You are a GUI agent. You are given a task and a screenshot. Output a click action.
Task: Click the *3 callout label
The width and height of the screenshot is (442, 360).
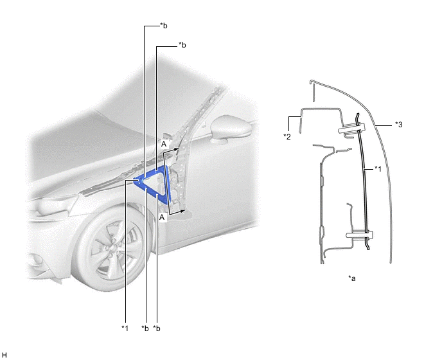click(x=398, y=125)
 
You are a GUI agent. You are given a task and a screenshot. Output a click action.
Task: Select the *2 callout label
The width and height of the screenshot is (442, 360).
click(x=287, y=137)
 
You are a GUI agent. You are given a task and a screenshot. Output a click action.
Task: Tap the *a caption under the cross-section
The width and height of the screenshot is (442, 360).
click(x=352, y=278)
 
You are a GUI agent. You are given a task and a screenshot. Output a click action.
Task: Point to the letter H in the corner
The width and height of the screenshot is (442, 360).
click(x=4, y=355)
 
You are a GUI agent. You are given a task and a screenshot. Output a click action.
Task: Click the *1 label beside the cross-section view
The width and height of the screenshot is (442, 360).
click(x=378, y=168)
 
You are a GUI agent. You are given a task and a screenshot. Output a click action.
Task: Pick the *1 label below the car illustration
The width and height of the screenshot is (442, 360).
click(x=125, y=328)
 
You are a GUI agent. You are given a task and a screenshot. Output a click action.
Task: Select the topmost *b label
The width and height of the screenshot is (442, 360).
click(x=163, y=26)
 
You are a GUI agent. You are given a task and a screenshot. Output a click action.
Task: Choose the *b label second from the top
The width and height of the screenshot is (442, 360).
click(x=182, y=45)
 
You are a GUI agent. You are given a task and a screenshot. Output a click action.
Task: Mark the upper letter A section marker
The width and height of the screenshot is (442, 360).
click(x=164, y=144)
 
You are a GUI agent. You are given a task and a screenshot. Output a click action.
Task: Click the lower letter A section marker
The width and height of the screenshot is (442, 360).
click(x=162, y=217)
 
